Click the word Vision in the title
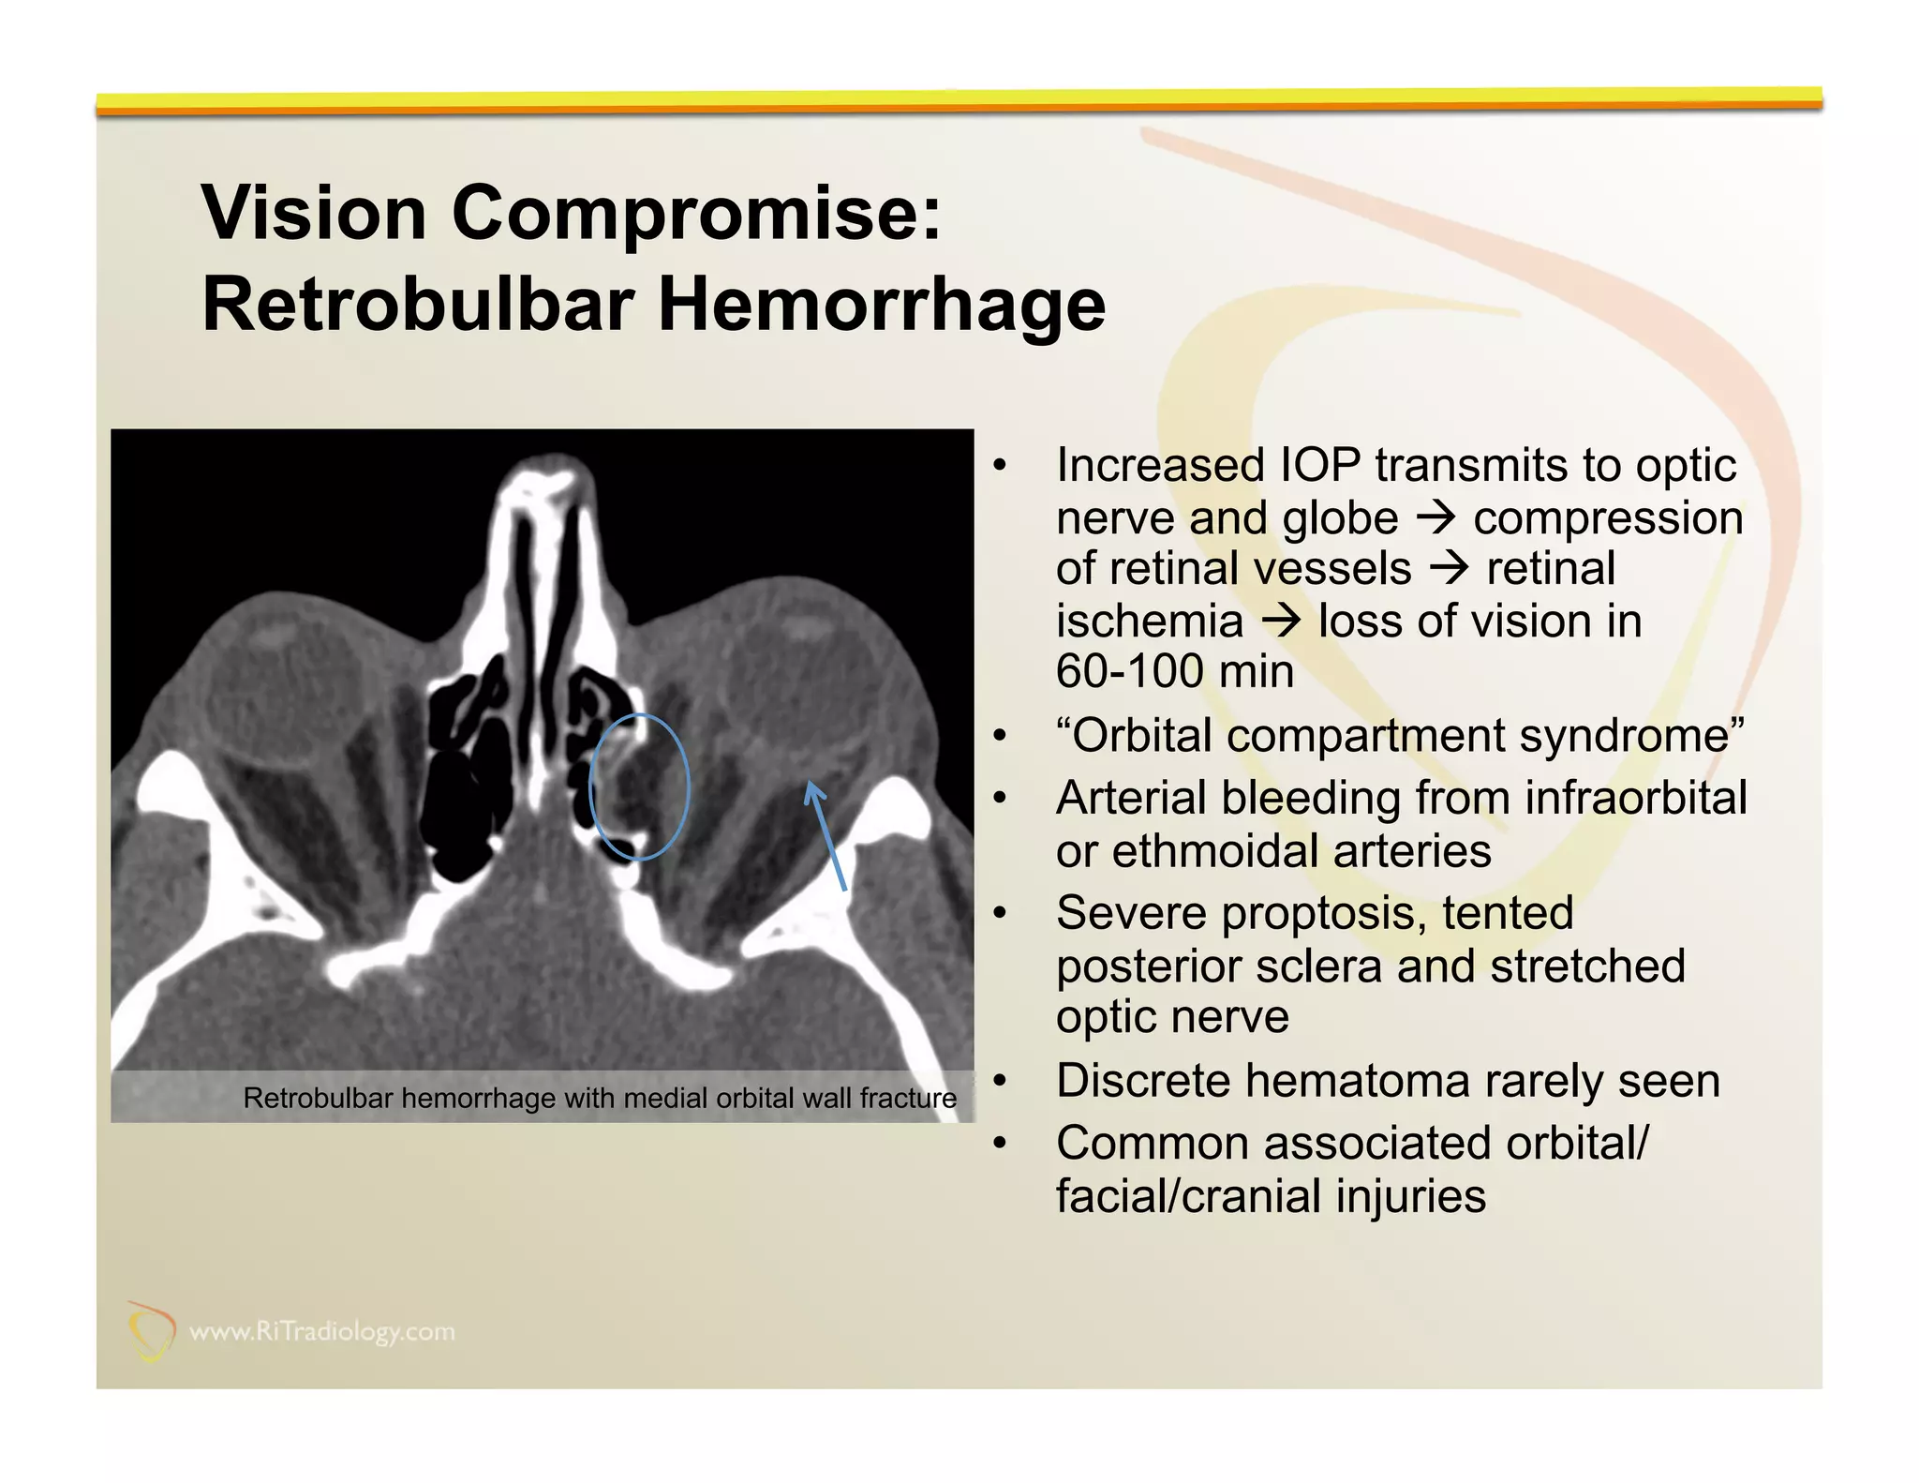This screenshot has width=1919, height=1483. (314, 214)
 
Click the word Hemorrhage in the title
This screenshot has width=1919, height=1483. (881, 306)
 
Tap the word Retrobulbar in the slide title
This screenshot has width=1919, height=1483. (416, 306)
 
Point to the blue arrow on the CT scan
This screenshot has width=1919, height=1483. (826, 836)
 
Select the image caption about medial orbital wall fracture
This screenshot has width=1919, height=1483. (600, 1098)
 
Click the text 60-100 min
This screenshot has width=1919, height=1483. (1174, 672)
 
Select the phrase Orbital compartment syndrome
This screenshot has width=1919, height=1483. (1399, 736)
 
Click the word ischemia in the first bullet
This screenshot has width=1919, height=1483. (1149, 622)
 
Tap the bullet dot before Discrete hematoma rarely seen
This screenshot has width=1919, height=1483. (1000, 1082)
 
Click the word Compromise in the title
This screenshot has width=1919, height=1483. (696, 214)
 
